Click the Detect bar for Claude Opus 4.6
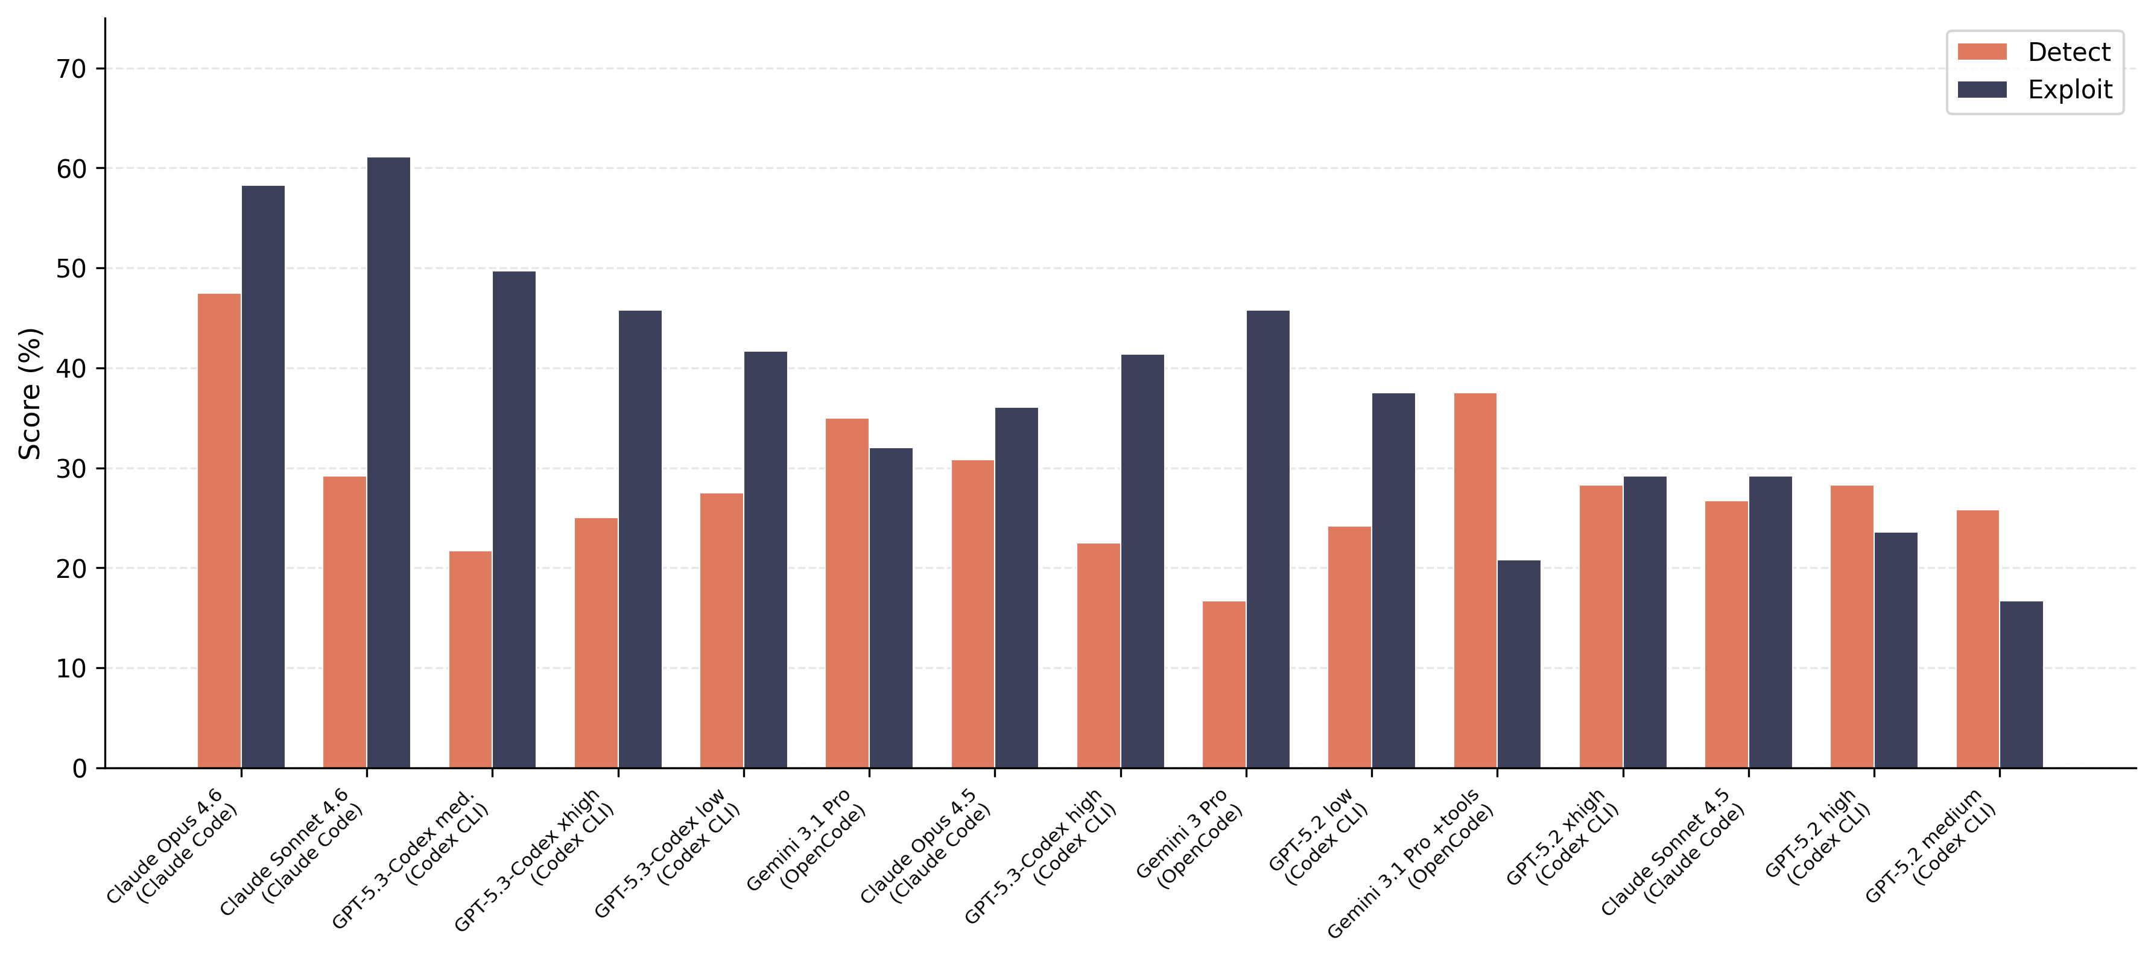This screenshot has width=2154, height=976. [219, 530]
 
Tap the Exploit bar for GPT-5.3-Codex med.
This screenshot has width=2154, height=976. [513, 519]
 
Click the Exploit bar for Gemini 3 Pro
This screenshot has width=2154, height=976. [1268, 539]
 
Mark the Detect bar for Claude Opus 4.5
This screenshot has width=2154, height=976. [972, 614]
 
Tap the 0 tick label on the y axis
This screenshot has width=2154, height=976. [80, 768]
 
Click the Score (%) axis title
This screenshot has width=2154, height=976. [30, 393]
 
